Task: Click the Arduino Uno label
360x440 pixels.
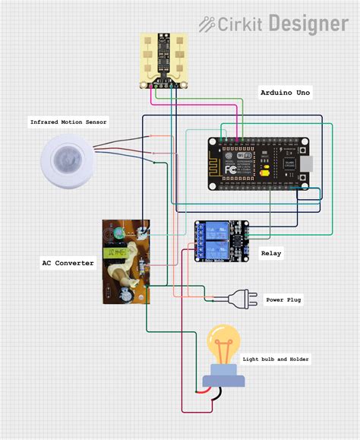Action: [x=285, y=92]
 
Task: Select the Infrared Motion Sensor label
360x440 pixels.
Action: [x=68, y=122]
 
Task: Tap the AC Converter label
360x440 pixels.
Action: [x=68, y=263]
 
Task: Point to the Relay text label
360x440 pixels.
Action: [x=271, y=253]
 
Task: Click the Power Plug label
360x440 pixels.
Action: [x=283, y=300]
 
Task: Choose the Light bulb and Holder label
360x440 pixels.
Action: [x=276, y=359]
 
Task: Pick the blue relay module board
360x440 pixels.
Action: [x=221, y=241]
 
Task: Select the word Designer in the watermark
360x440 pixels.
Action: [x=306, y=24]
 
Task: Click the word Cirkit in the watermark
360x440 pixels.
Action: [x=240, y=24]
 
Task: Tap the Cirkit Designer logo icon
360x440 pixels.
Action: [x=207, y=24]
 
